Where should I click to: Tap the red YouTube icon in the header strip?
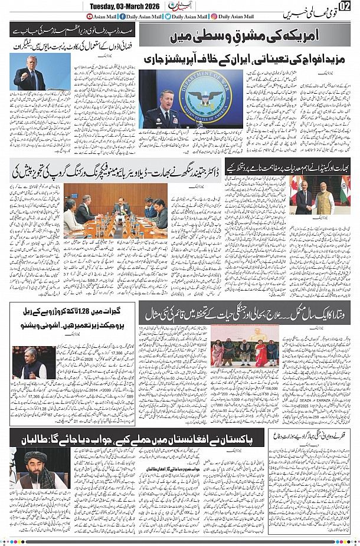coord(90,17)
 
